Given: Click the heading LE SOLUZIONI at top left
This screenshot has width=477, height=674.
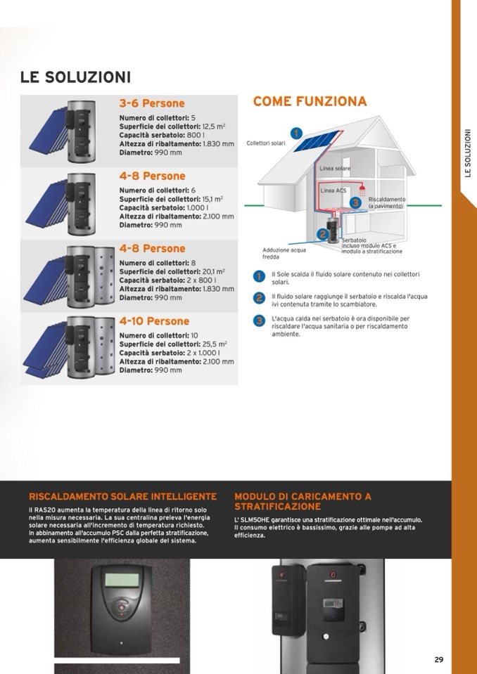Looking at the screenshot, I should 75,77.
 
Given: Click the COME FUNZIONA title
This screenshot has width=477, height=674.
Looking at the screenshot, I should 310,102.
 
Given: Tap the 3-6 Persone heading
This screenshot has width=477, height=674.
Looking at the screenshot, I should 152,104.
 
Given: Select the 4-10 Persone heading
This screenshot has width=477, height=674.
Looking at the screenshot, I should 154,321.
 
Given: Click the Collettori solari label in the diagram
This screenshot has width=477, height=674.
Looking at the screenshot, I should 266,143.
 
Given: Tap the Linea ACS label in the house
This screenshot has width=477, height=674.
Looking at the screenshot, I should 333,190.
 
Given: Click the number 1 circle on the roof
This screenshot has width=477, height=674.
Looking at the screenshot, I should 297,132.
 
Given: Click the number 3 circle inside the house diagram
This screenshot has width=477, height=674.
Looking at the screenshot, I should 356,202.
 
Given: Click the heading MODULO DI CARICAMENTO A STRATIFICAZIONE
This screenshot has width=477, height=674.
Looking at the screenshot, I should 303,501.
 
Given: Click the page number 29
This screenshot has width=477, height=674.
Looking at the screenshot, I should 438,659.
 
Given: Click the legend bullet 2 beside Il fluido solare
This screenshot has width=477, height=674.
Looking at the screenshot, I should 259,298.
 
